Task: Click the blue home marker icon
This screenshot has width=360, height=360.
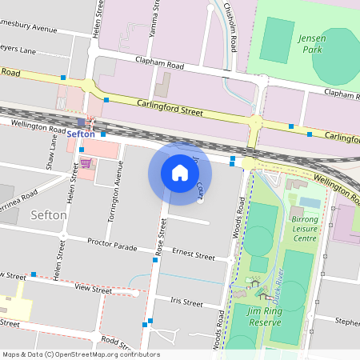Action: click(x=180, y=173)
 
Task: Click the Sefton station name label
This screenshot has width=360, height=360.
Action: click(x=81, y=134)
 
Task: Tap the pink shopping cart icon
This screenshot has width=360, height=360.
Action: click(x=85, y=163)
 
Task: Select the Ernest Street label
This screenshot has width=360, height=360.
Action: click(x=194, y=255)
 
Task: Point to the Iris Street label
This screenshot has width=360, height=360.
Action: click(x=187, y=302)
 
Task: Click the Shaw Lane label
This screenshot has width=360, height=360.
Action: click(x=52, y=152)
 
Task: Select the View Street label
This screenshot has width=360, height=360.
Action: click(x=93, y=290)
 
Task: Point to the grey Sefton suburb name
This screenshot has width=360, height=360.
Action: click(x=48, y=215)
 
